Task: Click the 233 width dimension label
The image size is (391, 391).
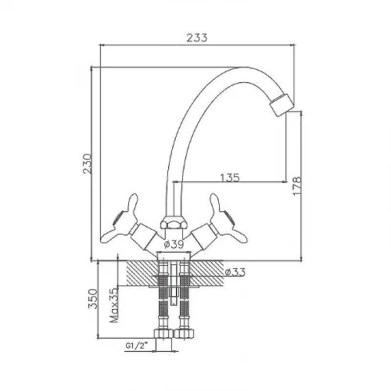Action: [197, 38]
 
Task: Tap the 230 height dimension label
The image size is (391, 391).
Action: [88, 163]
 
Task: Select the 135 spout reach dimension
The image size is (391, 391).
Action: [230, 178]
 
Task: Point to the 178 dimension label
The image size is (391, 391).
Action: [296, 186]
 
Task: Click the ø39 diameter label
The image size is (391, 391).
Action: [174, 245]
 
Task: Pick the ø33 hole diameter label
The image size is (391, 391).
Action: [235, 272]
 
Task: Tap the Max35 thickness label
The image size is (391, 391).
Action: [114, 306]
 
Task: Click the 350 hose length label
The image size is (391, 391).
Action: [93, 299]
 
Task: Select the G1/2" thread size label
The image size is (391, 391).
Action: [137, 346]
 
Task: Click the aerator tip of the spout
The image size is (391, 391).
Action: [282, 104]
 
